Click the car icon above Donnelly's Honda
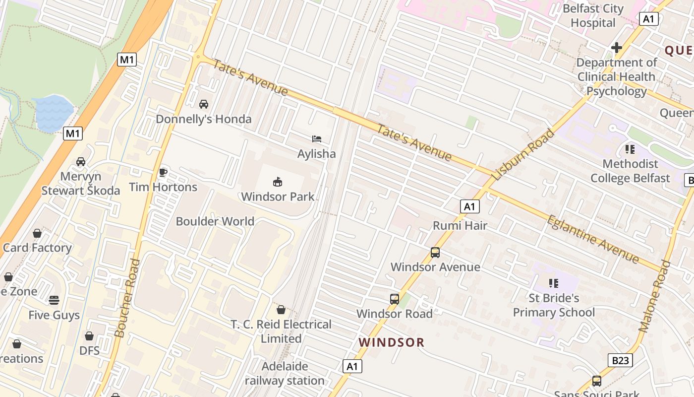(203, 104)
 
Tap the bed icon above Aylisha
(317, 139)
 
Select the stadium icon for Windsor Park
(278, 182)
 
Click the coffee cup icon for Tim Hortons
(163, 172)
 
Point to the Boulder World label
(215, 221)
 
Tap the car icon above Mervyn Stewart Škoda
(81, 162)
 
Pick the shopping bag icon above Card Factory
(37, 233)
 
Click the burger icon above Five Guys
(54, 300)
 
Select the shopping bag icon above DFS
(89, 336)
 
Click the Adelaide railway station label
(285, 374)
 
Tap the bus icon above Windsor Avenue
(435, 253)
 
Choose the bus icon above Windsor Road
(395, 299)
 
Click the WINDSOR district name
(392, 342)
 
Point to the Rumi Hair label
(460, 226)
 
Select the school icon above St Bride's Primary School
(554, 283)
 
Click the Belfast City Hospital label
(593, 16)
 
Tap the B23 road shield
(620, 360)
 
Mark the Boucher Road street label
(127, 298)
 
